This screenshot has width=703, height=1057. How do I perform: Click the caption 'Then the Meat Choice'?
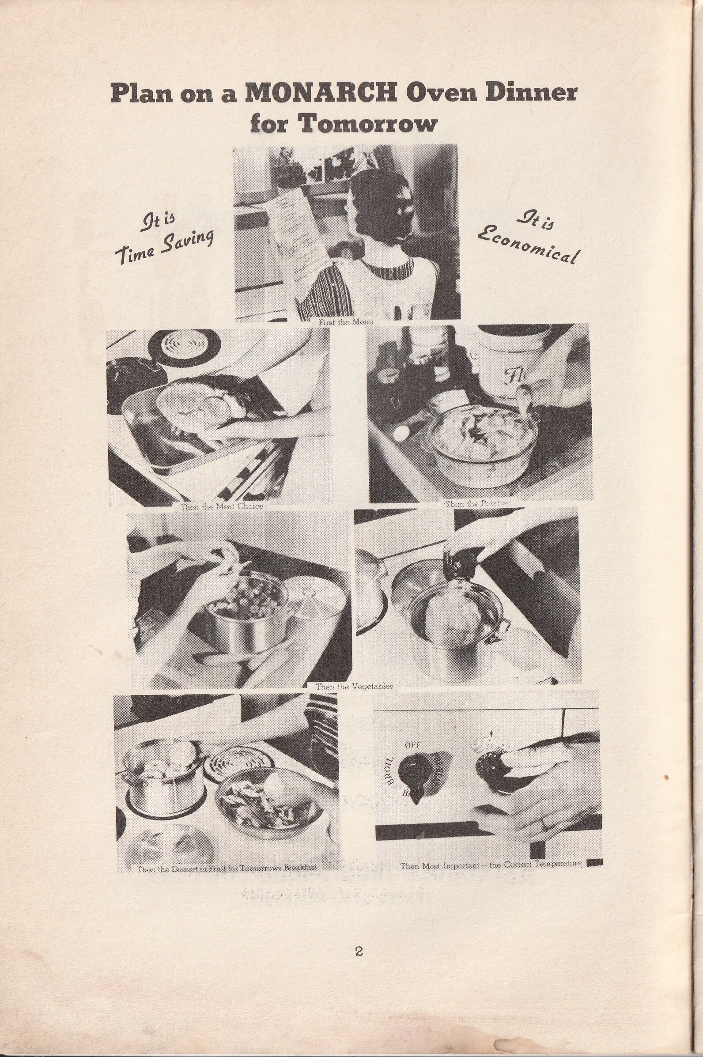point(221,506)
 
